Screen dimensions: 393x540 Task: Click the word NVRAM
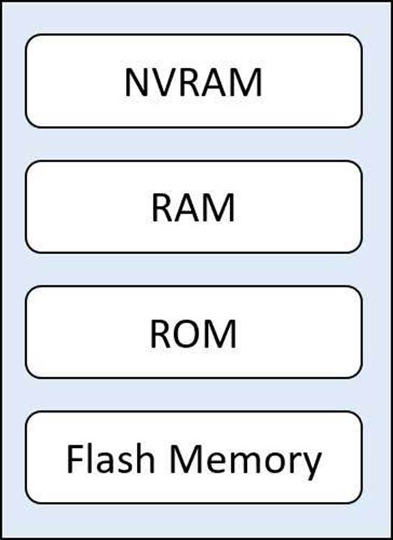point(194,83)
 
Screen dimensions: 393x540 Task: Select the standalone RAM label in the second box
point(194,208)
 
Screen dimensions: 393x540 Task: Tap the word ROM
point(194,334)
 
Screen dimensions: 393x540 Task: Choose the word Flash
point(110,459)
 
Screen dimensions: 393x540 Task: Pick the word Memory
point(245,462)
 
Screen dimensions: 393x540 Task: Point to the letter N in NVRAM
point(137,83)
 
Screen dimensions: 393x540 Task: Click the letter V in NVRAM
point(163,83)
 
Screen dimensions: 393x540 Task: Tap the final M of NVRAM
point(247,83)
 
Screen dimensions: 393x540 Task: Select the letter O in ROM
point(188,334)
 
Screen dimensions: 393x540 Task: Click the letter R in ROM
point(161,334)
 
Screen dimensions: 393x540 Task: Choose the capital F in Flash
point(75,459)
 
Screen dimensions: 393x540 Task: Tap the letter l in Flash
point(91,459)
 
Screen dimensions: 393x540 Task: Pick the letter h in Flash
point(145,459)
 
